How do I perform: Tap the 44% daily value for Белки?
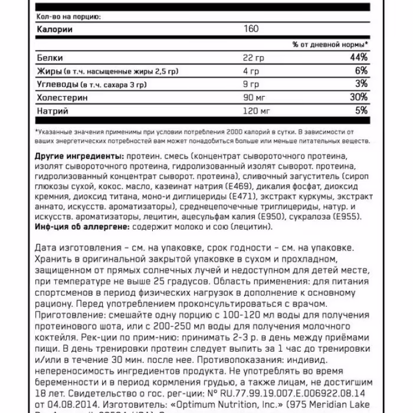pyautogui.click(x=359, y=57)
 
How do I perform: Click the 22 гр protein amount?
pyautogui.click(x=254, y=58)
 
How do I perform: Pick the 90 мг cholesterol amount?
pyautogui.click(x=255, y=97)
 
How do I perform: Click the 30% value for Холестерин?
pyautogui.click(x=359, y=97)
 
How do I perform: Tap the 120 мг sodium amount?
pyautogui.click(x=258, y=110)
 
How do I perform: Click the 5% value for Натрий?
pyautogui.click(x=361, y=110)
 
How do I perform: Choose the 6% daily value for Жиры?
pyautogui.click(x=362, y=71)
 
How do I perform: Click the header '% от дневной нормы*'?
pyautogui.click(x=330, y=44)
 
